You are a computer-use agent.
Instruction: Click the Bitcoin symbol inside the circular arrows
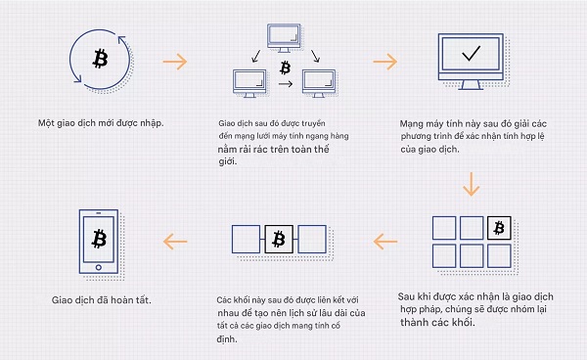pos(99,60)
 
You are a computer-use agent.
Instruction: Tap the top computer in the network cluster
pos(282,34)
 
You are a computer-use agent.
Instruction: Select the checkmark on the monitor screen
pos(472,54)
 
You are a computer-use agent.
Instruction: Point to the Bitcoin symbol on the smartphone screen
pos(99,238)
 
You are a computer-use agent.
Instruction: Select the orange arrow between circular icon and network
pos(175,62)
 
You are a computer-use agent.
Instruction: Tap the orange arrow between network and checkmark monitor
pos(384,62)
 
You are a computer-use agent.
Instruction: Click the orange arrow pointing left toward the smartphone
pos(176,241)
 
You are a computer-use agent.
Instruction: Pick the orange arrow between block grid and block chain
pos(385,241)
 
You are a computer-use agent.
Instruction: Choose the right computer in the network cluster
pos(322,83)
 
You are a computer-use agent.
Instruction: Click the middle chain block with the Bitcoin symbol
pos(278,239)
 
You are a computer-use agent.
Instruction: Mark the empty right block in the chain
pos(311,239)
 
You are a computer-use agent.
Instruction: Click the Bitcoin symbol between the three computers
pos(285,67)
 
